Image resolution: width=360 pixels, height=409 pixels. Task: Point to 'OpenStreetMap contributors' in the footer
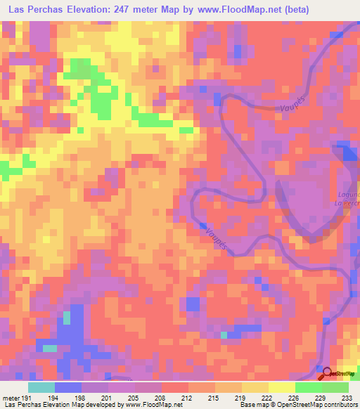[x=321, y=405]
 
